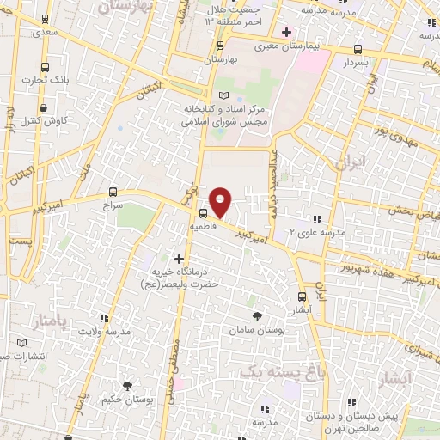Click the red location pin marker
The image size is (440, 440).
click(221, 201)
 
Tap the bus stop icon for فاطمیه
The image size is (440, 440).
click(203, 214)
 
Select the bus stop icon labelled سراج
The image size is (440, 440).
click(113, 192)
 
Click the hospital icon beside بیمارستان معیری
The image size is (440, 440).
click(287, 32)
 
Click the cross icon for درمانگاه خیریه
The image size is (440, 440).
click(179, 258)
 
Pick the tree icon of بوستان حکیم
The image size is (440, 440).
click(128, 385)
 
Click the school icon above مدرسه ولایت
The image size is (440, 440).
click(105, 317)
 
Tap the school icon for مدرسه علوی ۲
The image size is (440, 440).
click(318, 218)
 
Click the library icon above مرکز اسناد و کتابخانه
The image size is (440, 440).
click(223, 95)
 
